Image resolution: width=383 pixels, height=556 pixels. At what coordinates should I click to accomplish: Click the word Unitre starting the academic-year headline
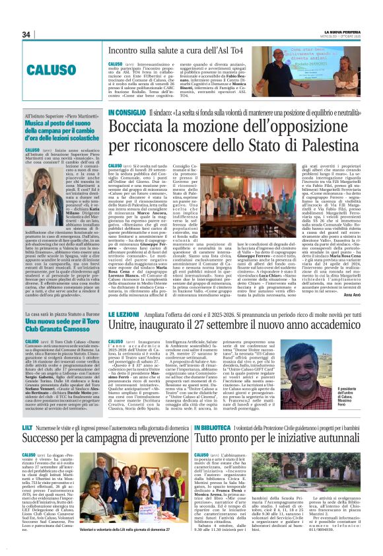pos(127,328)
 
